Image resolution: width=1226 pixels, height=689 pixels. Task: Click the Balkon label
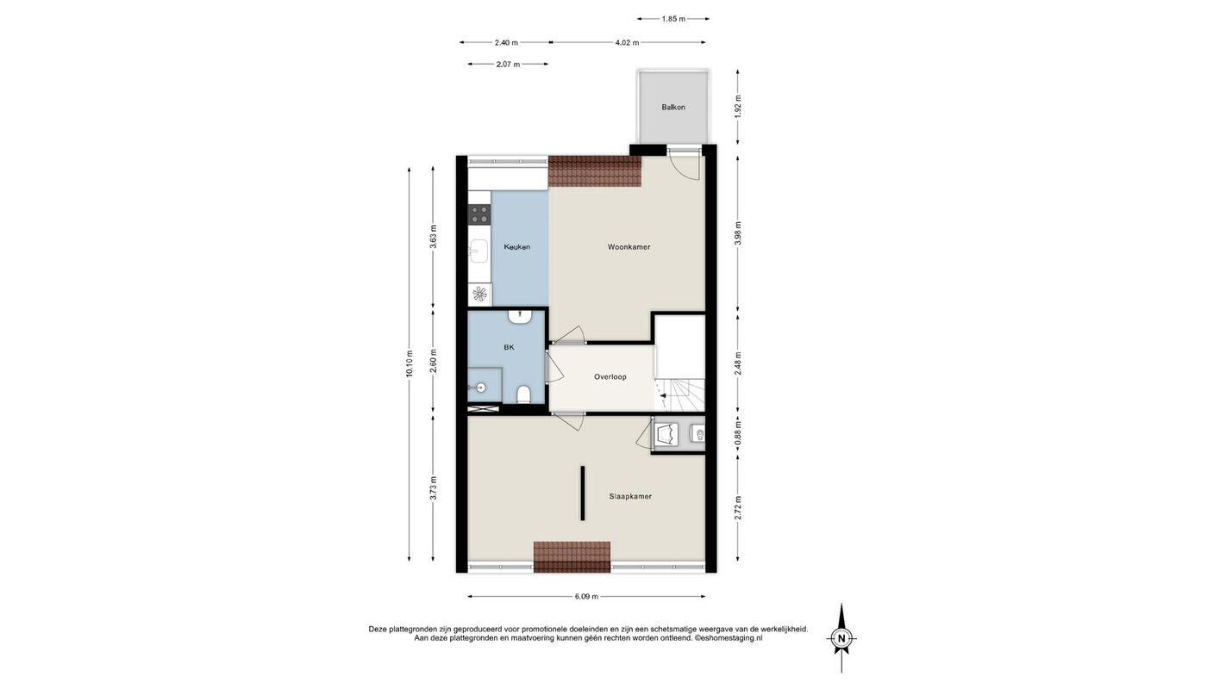(x=673, y=107)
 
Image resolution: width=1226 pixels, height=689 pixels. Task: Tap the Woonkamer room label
(x=629, y=247)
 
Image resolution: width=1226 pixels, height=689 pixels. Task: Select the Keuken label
(x=516, y=247)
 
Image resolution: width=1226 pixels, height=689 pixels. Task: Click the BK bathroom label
(x=509, y=347)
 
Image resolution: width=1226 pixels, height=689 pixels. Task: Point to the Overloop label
(x=610, y=376)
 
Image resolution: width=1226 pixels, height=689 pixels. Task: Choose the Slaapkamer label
(x=630, y=497)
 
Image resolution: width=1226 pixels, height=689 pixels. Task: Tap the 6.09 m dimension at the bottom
(x=587, y=597)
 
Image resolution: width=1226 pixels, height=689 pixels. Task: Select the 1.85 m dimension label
(x=673, y=19)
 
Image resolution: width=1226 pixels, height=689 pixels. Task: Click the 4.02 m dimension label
(x=628, y=42)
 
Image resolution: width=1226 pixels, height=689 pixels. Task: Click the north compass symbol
(x=842, y=638)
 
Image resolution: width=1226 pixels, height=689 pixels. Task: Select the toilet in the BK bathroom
(x=524, y=394)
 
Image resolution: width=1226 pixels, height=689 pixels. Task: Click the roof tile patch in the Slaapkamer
(x=572, y=557)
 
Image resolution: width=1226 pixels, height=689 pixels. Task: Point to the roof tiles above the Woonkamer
(x=595, y=171)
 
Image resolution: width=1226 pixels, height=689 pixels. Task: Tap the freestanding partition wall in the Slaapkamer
(x=582, y=493)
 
